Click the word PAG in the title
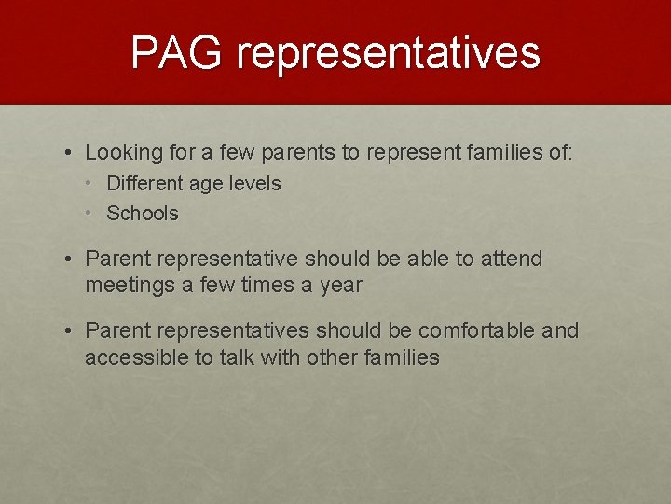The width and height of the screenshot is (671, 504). [x=178, y=52]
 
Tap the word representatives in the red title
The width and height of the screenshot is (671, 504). [x=388, y=54]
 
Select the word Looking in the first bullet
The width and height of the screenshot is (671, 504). [x=122, y=152]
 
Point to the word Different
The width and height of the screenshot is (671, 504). [x=145, y=184]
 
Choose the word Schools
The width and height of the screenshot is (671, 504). [x=143, y=214]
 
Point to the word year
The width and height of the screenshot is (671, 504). [x=340, y=286]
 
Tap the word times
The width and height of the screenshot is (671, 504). [x=266, y=286]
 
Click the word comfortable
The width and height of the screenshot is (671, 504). [x=476, y=330]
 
